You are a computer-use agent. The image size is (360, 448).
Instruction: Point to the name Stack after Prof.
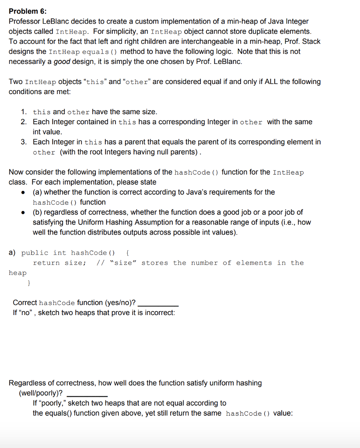point(311,42)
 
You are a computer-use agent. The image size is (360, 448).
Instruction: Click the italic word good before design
point(62,62)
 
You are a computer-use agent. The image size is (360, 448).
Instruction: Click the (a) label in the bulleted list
point(38,192)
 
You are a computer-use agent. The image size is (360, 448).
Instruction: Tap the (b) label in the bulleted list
point(38,212)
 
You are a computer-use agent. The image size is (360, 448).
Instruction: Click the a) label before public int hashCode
point(12,253)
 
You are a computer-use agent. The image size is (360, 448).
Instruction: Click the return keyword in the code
point(46,263)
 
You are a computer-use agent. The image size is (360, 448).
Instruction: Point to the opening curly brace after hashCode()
point(127,253)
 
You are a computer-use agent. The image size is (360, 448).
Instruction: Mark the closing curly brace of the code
point(29,283)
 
